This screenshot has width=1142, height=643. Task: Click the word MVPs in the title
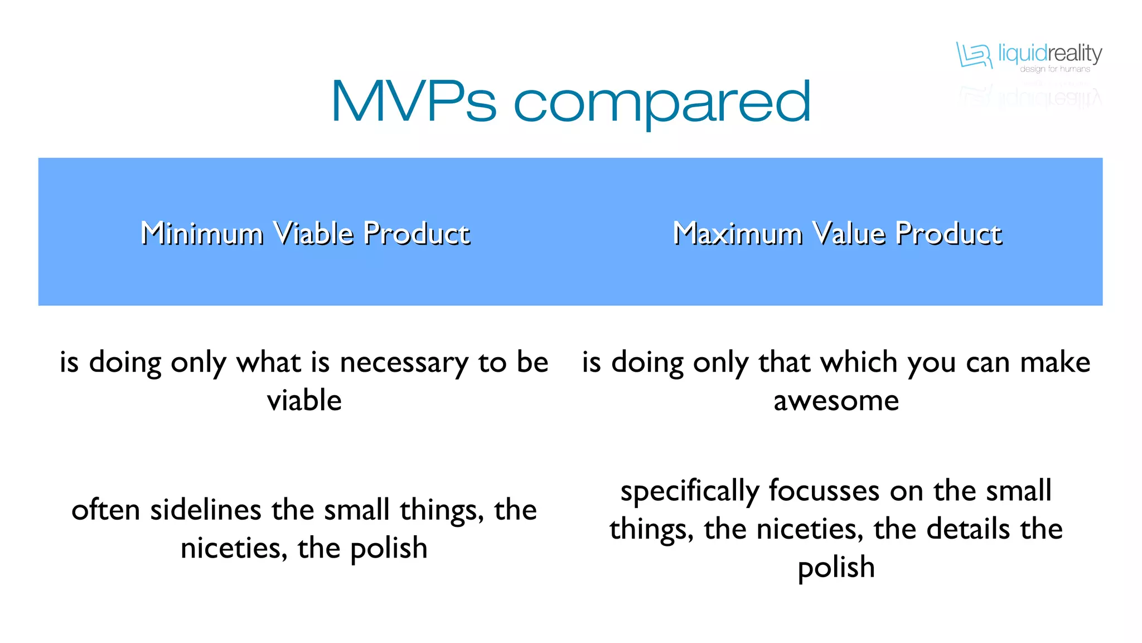(x=413, y=102)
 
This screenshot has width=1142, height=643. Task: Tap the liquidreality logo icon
(x=974, y=55)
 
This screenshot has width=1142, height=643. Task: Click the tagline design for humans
(x=1054, y=69)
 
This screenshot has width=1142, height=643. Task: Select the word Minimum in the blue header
(x=202, y=233)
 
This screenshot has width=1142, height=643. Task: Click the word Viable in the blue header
(x=314, y=233)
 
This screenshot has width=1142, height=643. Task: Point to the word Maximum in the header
(x=737, y=233)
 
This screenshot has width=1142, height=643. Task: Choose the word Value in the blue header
(x=848, y=233)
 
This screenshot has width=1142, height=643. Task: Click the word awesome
(x=836, y=401)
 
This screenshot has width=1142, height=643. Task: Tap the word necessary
(x=404, y=363)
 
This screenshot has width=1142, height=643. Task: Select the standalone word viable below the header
(x=304, y=401)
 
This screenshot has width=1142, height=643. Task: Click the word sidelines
(x=206, y=510)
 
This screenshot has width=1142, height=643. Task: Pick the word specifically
(x=690, y=491)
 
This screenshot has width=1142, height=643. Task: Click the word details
(x=967, y=529)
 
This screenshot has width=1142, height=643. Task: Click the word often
(x=105, y=510)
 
